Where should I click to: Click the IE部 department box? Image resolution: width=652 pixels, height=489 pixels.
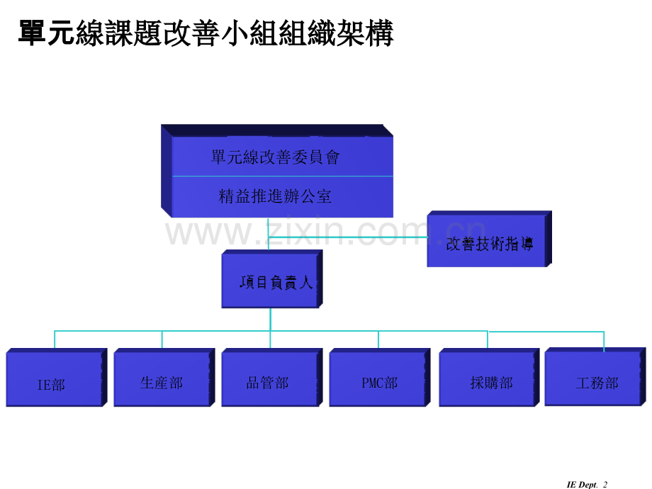57,378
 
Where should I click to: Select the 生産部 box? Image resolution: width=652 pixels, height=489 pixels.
164,378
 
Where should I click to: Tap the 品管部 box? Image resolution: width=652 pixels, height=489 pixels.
272,378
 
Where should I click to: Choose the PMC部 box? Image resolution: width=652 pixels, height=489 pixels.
380,378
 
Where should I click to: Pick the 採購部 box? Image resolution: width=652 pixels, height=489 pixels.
489,378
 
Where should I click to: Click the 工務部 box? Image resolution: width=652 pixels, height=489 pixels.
595,377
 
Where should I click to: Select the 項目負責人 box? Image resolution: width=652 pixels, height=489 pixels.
272,279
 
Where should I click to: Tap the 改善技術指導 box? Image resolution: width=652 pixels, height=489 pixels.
490,239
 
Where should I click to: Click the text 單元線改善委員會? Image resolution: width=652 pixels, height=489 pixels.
275,157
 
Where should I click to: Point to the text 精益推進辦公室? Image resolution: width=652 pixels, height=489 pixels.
275,196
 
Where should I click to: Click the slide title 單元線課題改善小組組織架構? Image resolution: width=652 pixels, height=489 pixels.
206,33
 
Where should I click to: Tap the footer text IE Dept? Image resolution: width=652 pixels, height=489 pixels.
582,485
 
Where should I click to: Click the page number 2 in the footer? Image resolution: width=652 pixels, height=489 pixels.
605,485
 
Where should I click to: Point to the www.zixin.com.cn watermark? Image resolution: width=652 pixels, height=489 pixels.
325,232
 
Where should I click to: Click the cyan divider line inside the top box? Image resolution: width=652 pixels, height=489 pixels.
283,176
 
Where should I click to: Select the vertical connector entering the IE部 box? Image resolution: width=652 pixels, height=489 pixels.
55,339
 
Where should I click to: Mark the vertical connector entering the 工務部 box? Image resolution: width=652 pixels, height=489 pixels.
604,342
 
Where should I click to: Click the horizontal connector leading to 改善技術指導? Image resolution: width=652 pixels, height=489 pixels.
348,237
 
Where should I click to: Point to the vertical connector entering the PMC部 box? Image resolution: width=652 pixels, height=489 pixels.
378,339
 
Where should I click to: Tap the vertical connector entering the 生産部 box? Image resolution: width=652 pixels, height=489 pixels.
162,339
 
